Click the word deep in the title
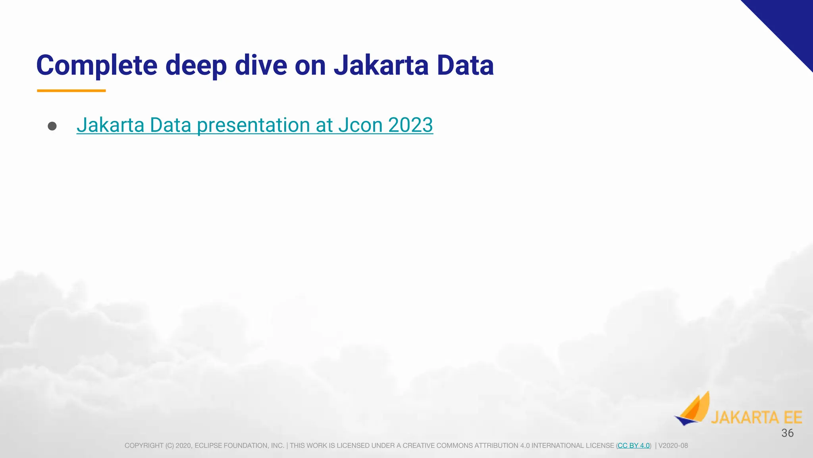[x=196, y=66]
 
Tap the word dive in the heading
[x=261, y=66]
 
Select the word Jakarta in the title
[x=381, y=66]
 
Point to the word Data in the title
[x=465, y=66]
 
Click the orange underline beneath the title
[x=71, y=91]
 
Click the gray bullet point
[x=52, y=126]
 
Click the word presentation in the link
[x=253, y=125]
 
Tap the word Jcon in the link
[x=360, y=125]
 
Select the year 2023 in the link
[x=410, y=125]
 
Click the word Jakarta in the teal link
[x=110, y=125]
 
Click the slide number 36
[x=787, y=433]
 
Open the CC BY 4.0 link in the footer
[x=634, y=446]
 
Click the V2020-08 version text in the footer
[x=673, y=446]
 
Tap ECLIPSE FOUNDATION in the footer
[x=238, y=446]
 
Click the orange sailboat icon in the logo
[x=693, y=409]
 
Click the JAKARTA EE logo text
[x=756, y=417]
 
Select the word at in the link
[x=324, y=125]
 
